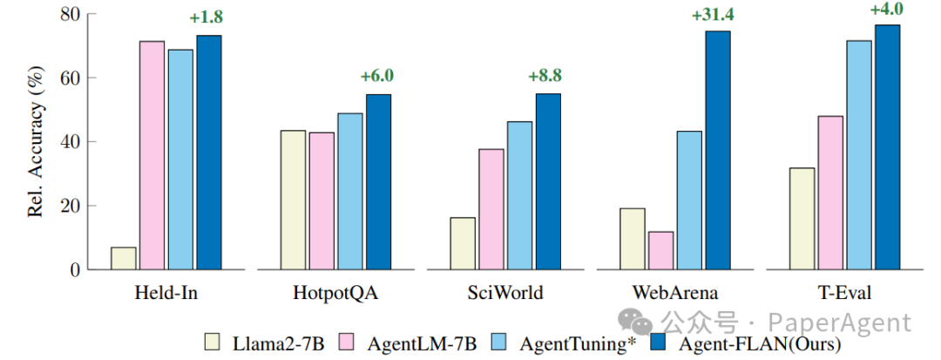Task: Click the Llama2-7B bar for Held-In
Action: pos(124,259)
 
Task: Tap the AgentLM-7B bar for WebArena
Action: pos(661,251)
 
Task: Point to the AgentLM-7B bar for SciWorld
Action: pos(491,209)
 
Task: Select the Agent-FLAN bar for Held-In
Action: pos(209,153)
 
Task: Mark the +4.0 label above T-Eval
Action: pos(887,10)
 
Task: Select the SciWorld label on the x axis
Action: pos(505,292)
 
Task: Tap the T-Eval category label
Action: pos(845,292)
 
